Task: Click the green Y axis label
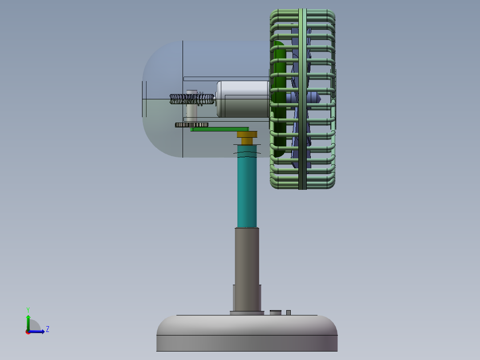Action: click(28, 309)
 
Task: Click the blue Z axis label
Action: click(47, 329)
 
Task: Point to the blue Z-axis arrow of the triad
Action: click(39, 331)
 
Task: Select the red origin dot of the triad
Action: click(28, 332)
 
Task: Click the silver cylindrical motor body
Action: click(243, 99)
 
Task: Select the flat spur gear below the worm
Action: click(191, 125)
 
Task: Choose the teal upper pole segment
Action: click(247, 192)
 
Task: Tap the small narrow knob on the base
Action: click(289, 312)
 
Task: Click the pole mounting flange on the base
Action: click(245, 313)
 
